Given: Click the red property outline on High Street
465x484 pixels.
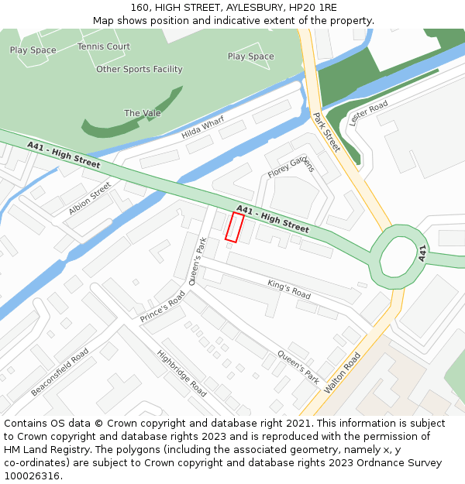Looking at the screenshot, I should pos(234,227).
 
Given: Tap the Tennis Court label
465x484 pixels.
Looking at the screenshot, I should pos(104,46).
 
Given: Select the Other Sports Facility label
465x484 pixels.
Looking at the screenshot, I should pos(139,70).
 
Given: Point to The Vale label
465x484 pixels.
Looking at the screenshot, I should pos(143,113).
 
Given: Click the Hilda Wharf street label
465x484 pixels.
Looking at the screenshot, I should pos(202,128).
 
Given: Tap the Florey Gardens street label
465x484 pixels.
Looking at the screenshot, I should pos(291,167).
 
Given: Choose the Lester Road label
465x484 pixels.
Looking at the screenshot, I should pos(368,114).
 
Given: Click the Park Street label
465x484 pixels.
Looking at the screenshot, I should pos(326,132).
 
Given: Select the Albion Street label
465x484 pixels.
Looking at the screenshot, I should pos(90,198).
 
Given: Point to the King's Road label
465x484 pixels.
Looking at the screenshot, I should pos(289,289).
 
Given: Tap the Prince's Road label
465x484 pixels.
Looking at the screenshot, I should pos(164,307).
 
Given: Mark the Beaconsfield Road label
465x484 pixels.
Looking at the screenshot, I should pos(60,372).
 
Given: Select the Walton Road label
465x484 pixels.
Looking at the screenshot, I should pos(343,373).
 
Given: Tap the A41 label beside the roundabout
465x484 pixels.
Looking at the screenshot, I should pos(423,253).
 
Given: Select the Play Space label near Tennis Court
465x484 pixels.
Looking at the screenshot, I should pos(33,50).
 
